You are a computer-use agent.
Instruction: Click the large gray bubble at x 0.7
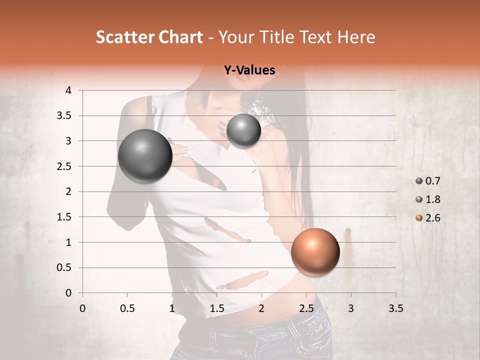pos(145,156)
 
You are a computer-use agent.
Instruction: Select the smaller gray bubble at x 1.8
pos(243,130)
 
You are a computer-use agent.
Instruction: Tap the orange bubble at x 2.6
pos(315,252)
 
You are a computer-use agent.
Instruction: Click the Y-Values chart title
pos(249,70)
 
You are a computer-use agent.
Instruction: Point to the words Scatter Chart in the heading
pos(149,37)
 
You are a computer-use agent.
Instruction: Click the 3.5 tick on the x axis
pos(395,308)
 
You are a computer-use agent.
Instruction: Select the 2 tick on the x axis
pos(261,308)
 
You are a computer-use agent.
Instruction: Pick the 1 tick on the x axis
pos(172,308)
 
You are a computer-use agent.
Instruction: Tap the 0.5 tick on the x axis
pos(127,308)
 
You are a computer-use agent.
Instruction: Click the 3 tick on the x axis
pos(351,308)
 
